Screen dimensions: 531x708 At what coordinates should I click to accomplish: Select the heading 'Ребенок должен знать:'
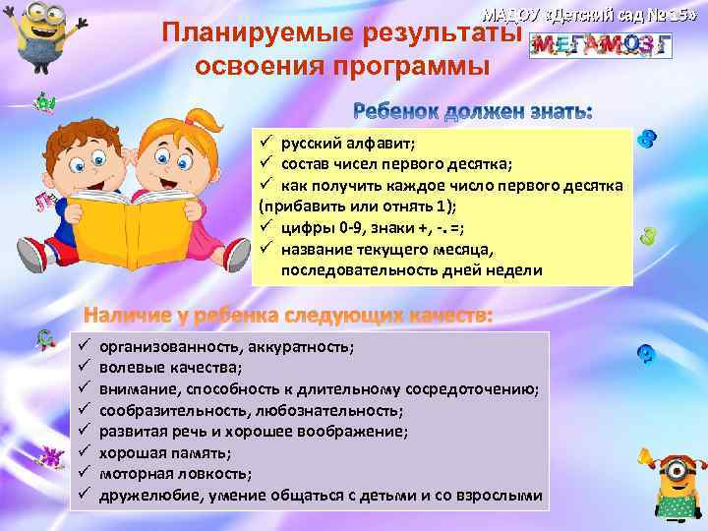coord(472,112)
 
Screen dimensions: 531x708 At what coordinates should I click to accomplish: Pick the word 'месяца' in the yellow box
coord(468,249)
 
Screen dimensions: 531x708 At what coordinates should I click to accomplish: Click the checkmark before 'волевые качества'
coord(85,368)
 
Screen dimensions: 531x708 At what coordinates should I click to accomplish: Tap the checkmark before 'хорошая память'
coord(85,452)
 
